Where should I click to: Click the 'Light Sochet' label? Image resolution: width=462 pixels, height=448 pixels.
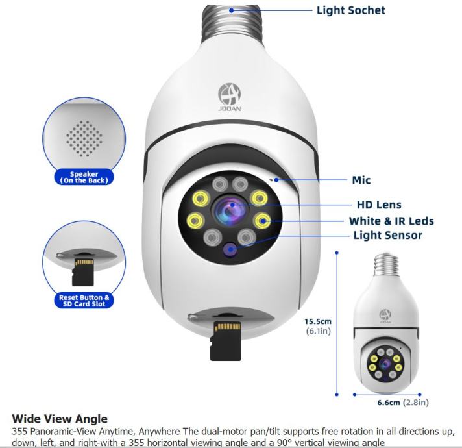click(x=350, y=10)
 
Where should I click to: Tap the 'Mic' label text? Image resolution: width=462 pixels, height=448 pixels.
click(x=361, y=180)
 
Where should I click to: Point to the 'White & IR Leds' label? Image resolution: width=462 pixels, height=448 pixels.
click(x=391, y=221)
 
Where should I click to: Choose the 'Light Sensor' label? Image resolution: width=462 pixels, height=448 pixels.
click(x=387, y=235)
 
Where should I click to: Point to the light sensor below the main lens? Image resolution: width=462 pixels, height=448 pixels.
click(x=229, y=247)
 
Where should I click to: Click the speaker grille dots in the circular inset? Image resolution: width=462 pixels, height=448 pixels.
click(x=84, y=138)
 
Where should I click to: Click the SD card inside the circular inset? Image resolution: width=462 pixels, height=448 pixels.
click(x=83, y=271)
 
